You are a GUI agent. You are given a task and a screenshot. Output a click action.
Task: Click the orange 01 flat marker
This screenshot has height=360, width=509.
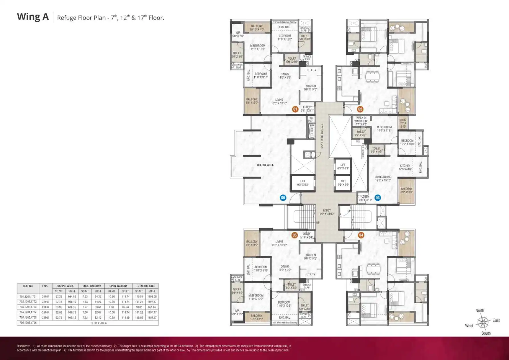point(295,109)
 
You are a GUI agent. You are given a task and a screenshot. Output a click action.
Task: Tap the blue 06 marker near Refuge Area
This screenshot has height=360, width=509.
point(283,198)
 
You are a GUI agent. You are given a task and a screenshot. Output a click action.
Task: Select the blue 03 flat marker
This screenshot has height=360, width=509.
point(378,198)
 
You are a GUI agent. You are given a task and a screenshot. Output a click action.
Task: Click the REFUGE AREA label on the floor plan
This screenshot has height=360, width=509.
point(265,165)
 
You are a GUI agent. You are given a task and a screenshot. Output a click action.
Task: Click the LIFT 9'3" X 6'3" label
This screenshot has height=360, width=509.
point(303,183)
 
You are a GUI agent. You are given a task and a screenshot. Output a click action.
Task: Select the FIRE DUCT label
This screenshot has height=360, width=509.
point(311,119)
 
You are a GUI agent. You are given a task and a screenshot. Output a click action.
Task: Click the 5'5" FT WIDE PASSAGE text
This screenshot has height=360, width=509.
point(322,136)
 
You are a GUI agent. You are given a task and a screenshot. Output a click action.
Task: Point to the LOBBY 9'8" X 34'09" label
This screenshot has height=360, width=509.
point(327,212)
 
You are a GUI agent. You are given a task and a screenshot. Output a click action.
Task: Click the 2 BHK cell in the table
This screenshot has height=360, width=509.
point(45,307)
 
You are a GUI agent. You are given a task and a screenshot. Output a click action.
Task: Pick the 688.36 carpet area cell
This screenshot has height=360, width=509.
point(72,307)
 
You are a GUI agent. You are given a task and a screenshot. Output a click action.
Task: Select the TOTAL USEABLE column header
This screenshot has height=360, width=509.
point(145,286)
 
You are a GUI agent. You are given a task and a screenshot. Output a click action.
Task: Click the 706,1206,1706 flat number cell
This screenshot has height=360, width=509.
point(28,323)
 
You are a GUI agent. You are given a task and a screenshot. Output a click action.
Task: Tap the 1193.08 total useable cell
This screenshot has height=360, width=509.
point(152,296)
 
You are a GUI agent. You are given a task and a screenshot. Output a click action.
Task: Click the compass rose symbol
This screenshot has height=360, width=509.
point(483,322)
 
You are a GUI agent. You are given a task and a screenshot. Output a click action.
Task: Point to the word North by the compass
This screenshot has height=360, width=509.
point(479,310)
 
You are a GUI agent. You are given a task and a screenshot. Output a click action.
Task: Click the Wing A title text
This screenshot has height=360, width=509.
point(33,17)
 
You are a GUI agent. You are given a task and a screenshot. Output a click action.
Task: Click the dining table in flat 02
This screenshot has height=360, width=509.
point(373,76)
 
